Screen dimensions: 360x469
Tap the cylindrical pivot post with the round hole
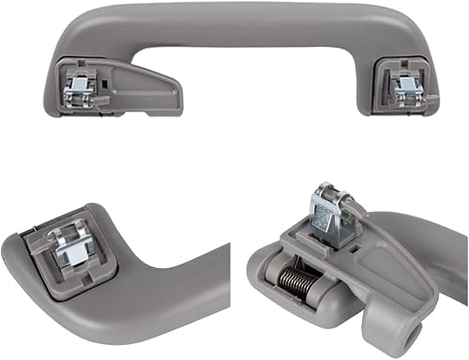413,328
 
